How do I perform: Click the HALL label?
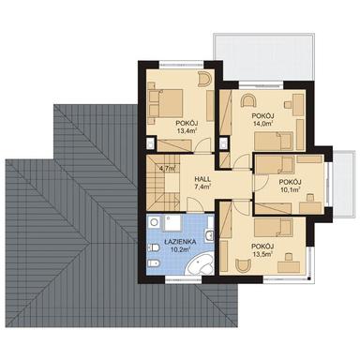click(202, 178)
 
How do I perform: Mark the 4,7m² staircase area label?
click(170, 170)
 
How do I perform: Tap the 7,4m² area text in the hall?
click(202, 188)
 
